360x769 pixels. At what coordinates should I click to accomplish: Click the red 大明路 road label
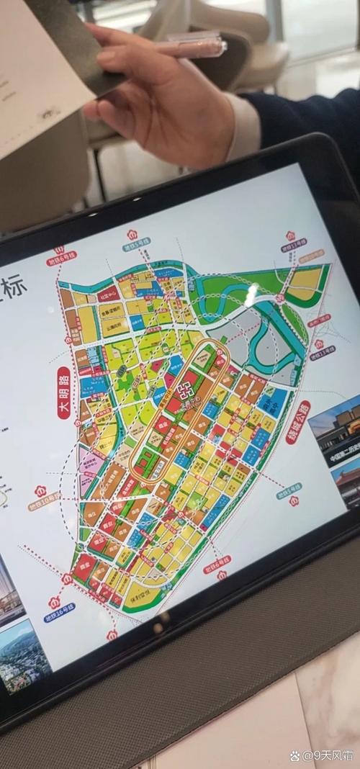63,393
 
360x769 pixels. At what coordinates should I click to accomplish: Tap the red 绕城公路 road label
298,422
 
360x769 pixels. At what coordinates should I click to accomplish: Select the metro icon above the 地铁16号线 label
53,602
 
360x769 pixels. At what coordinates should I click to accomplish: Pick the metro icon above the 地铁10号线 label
40,490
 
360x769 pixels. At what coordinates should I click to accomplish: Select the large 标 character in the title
14,288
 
